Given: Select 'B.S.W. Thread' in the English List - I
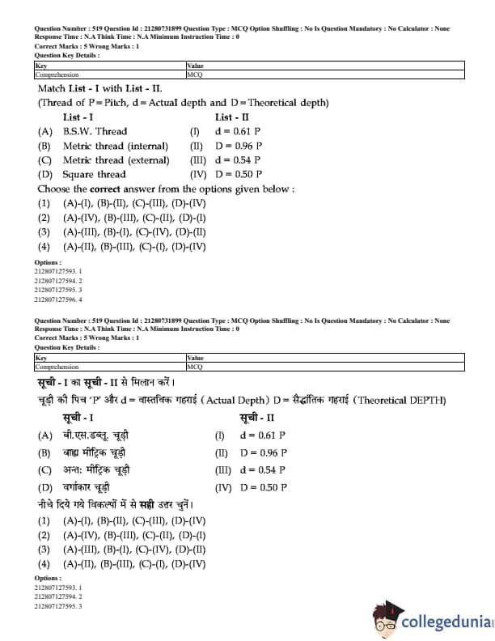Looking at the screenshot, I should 95,131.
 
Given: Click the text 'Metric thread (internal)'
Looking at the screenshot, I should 116,146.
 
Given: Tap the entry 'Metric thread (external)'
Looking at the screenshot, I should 116,160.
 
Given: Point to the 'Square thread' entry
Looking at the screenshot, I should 94,174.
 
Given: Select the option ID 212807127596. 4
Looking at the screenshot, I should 58,299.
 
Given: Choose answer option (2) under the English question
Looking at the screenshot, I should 121,218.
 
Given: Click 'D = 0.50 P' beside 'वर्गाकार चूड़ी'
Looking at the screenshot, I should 263,488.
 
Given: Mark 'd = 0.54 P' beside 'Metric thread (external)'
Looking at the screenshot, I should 239,160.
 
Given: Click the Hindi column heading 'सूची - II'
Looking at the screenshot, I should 258,418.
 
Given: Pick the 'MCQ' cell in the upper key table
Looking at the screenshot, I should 195,74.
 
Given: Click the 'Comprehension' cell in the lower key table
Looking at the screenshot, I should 57,366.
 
